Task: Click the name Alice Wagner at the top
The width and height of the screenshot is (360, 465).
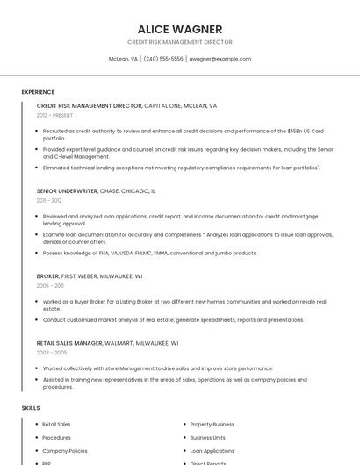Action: point(180,29)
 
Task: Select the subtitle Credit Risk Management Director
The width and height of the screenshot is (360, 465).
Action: point(180,42)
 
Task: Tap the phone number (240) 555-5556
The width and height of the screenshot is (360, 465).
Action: point(163,59)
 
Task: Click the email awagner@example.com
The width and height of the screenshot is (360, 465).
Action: point(220,59)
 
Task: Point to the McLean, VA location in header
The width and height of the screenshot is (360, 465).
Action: point(123,59)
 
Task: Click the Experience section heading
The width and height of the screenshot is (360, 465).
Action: point(38,91)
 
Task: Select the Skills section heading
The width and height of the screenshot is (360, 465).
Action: point(31,408)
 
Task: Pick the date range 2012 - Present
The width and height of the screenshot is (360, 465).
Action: point(54,115)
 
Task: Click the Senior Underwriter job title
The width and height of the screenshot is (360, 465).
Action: point(68,190)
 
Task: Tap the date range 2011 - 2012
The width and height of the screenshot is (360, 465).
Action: point(49,200)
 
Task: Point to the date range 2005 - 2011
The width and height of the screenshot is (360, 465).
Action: point(50,285)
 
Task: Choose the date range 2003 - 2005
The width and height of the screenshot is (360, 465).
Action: point(51,353)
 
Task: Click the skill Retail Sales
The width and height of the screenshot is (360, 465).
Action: point(56,424)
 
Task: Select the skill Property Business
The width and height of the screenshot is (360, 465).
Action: point(212,424)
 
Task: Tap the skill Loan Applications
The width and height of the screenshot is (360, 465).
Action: point(212,450)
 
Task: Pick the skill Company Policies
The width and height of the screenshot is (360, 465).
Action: point(64,450)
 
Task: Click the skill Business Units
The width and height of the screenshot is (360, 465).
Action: point(207,437)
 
